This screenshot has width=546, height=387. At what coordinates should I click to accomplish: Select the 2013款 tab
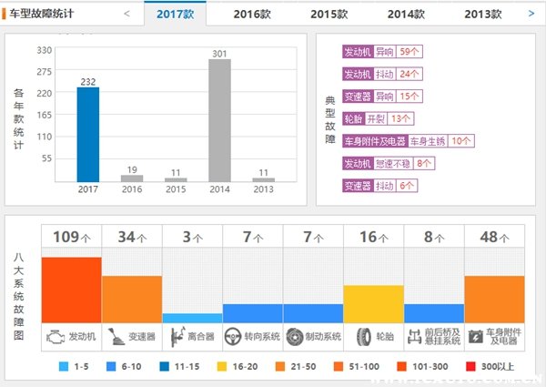(x=482, y=14)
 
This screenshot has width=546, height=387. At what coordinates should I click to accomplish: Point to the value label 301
(x=219, y=54)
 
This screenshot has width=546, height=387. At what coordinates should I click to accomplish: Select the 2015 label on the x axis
(x=176, y=189)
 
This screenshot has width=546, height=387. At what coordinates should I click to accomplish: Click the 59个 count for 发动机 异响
(x=408, y=52)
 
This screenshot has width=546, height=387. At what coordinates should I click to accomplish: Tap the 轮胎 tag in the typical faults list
(x=353, y=117)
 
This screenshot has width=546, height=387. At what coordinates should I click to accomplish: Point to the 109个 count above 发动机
(x=71, y=238)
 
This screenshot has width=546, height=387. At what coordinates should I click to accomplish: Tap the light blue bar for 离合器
(x=192, y=318)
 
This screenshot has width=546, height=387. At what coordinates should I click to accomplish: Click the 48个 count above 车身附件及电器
(x=494, y=238)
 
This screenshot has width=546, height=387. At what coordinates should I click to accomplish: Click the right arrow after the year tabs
(x=531, y=14)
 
